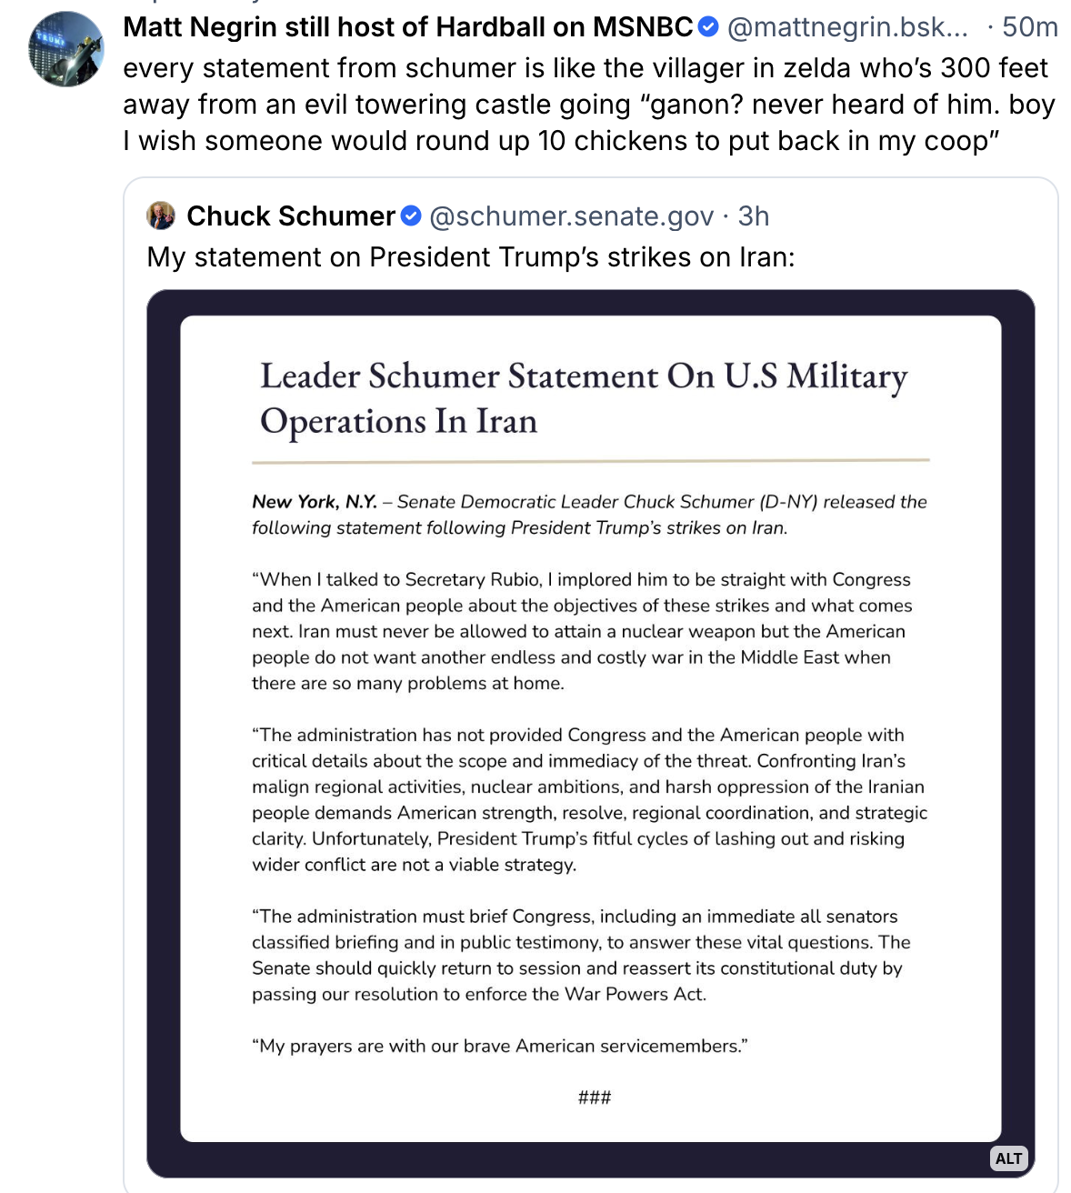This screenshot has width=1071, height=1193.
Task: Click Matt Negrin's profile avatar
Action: (66, 49)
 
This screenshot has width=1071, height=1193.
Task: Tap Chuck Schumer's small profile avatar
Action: (161, 216)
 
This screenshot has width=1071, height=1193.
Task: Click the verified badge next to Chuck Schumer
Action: (411, 216)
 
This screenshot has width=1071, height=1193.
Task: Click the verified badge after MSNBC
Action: (708, 27)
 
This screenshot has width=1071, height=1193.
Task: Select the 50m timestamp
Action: (1029, 27)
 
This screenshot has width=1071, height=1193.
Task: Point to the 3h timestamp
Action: (754, 216)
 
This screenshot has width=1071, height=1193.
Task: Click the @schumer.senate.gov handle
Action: (571, 216)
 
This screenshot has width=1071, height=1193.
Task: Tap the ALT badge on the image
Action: (1008, 1158)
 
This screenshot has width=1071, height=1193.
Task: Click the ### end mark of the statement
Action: (595, 1098)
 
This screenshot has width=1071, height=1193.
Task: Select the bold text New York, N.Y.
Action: (315, 502)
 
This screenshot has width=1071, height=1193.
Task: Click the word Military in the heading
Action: (846, 376)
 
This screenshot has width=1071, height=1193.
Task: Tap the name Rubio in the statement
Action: (515, 579)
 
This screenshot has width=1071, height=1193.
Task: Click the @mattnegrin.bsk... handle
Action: (847, 27)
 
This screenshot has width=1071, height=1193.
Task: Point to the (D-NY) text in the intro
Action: (788, 502)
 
